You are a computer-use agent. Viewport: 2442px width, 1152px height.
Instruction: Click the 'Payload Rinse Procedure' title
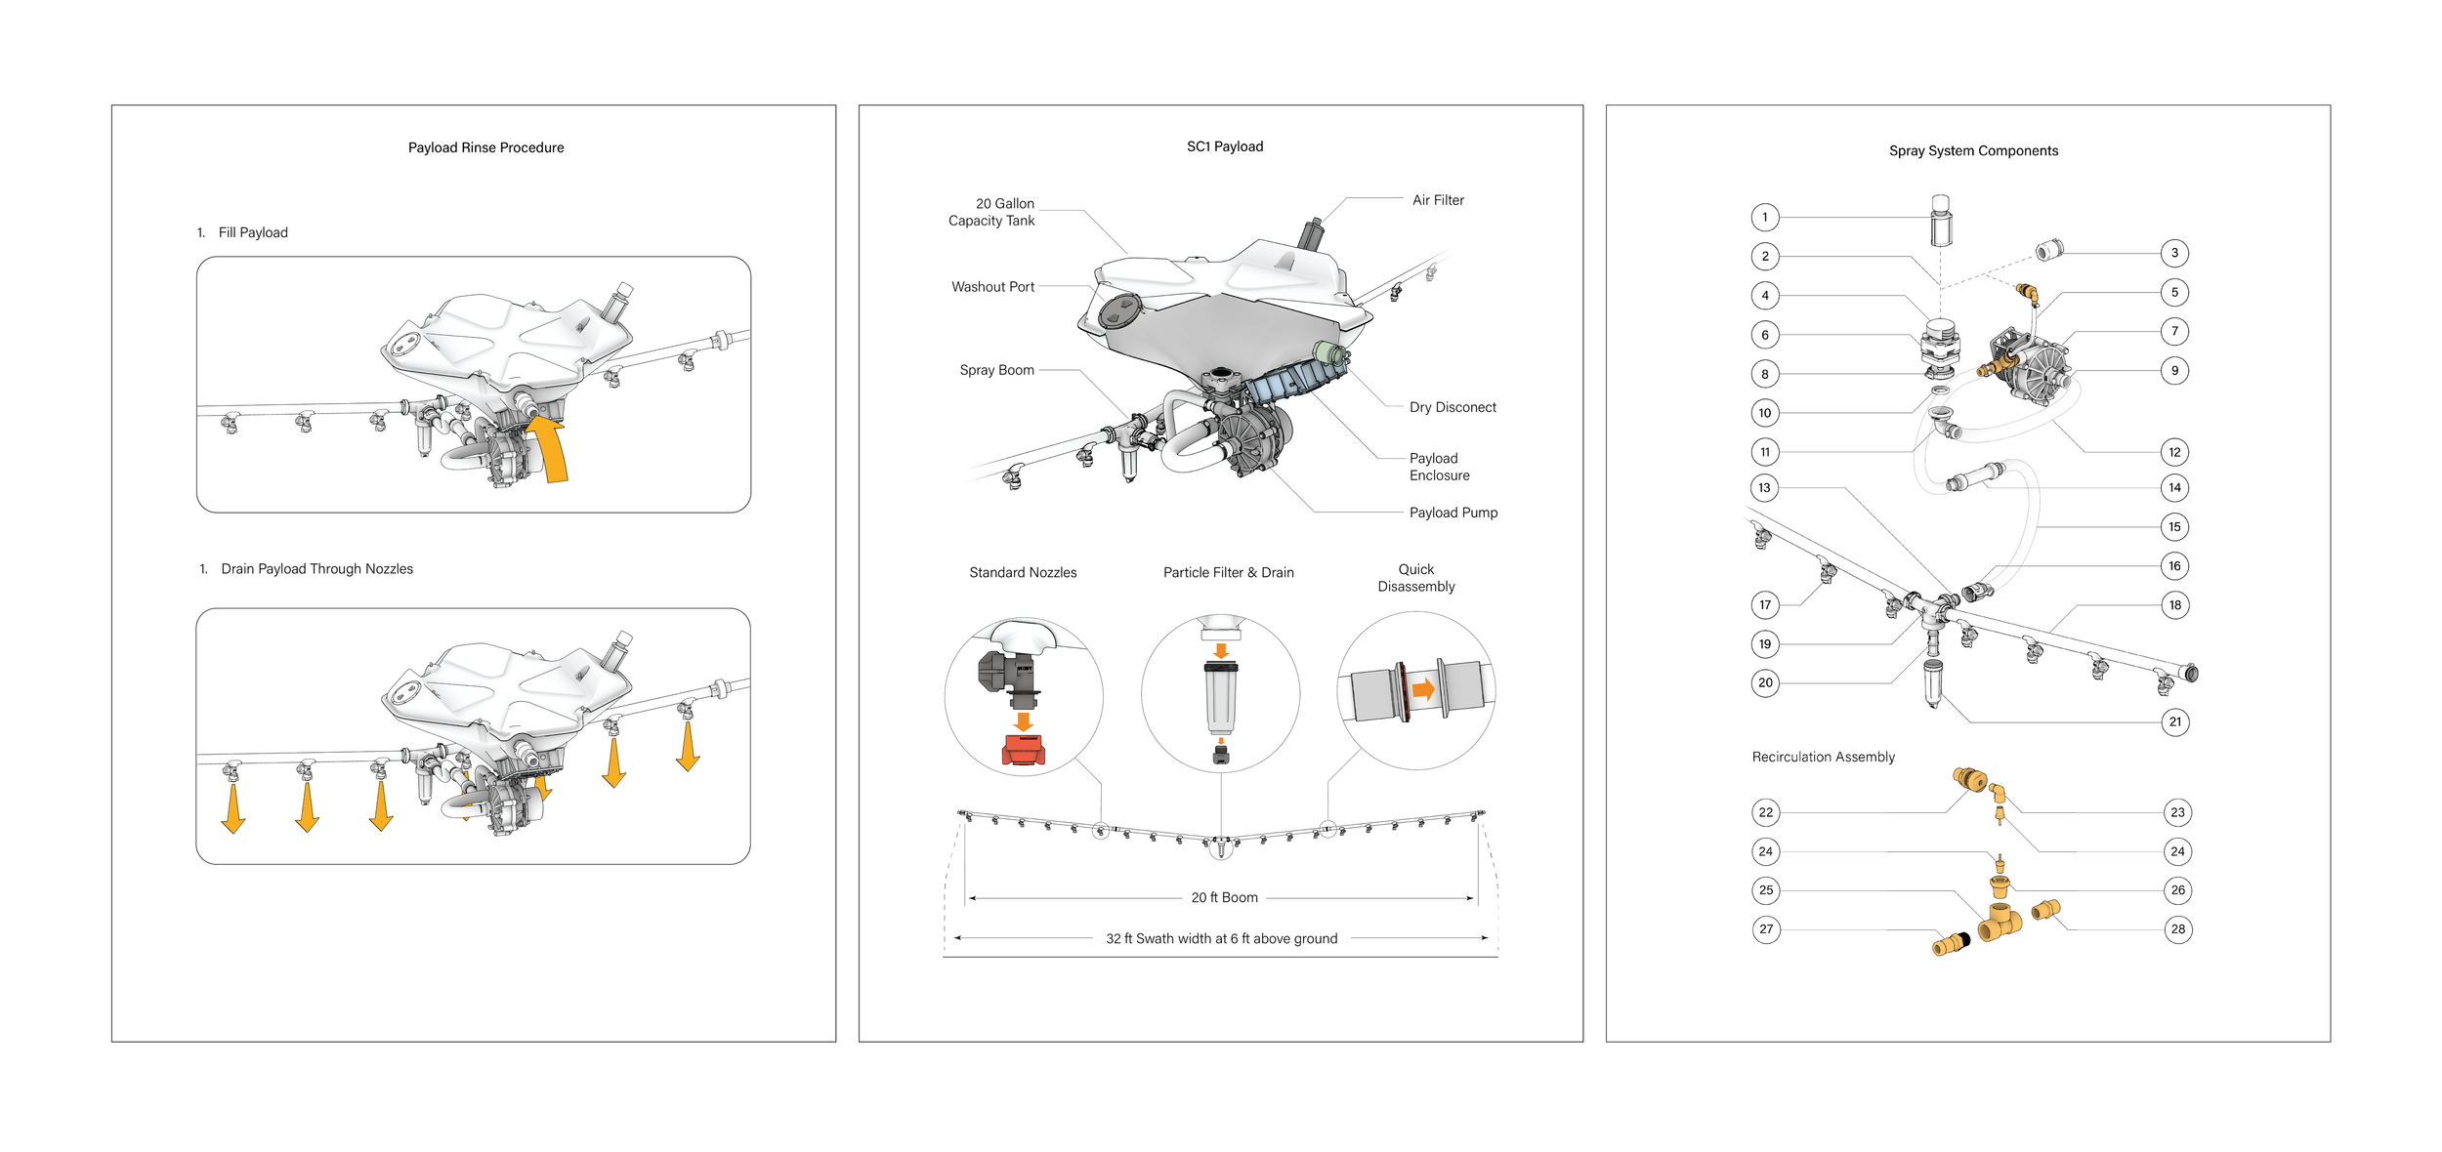485,147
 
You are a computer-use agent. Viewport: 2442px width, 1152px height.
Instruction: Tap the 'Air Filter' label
1438,200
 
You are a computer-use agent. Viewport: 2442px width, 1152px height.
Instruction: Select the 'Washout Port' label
992,287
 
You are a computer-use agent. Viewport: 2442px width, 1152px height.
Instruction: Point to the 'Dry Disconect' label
1453,407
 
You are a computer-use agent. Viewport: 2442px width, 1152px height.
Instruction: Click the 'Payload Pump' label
1453,513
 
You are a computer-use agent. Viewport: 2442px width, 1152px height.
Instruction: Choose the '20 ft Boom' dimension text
1224,897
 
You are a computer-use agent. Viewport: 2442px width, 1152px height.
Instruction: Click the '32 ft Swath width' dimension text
1221,938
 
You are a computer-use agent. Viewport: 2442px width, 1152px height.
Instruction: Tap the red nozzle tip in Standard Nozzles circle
1024,750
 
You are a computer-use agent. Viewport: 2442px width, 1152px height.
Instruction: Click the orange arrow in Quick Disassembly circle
1423,690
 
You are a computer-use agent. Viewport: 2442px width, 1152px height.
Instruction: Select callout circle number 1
1764,217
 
